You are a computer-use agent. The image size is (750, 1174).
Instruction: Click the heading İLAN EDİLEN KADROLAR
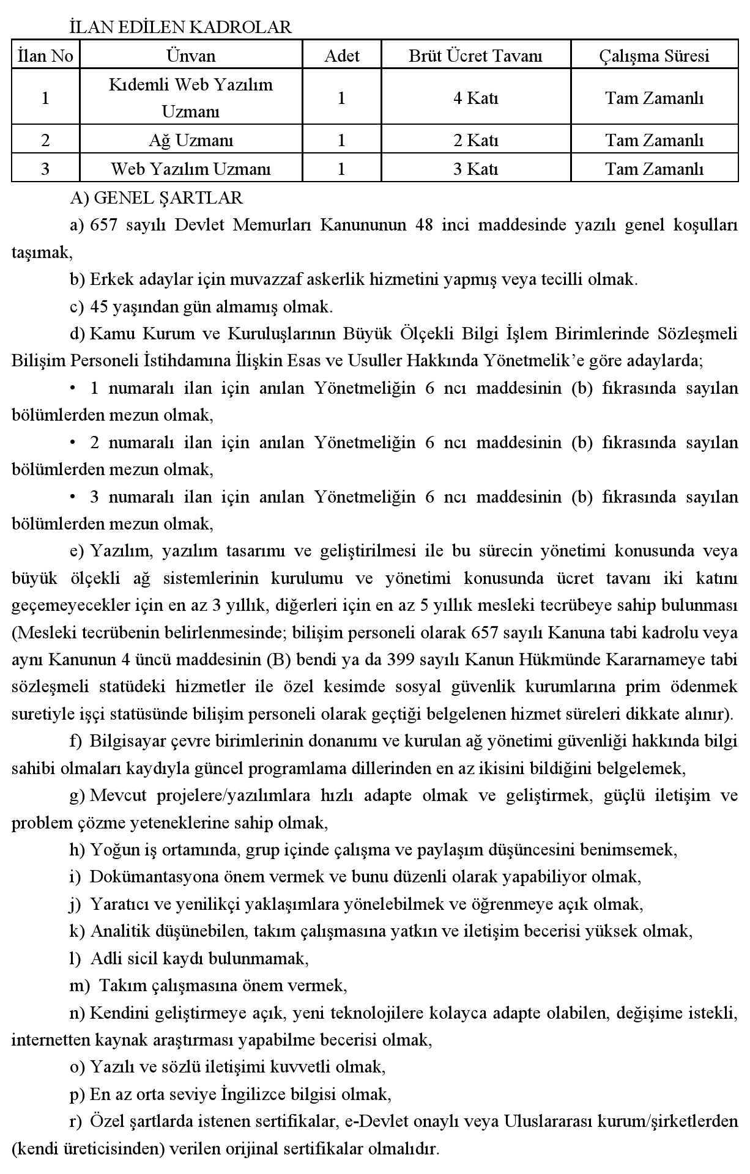(x=180, y=28)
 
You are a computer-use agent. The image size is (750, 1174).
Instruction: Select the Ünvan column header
(x=191, y=56)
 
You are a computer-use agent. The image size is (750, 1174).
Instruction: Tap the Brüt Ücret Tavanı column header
(x=475, y=56)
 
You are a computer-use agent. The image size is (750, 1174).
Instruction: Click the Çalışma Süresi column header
(x=654, y=56)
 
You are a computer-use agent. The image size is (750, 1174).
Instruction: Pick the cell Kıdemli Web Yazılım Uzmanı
(x=191, y=98)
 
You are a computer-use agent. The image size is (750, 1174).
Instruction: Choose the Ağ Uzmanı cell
(x=191, y=141)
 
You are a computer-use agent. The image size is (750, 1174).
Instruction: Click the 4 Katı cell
(x=475, y=98)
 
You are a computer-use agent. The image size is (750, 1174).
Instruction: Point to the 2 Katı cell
(x=475, y=141)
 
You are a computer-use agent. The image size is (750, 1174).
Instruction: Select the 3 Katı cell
(x=475, y=169)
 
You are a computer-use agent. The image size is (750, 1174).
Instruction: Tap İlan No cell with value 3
(x=45, y=169)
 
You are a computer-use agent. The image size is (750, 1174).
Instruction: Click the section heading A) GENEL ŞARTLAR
(x=157, y=198)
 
